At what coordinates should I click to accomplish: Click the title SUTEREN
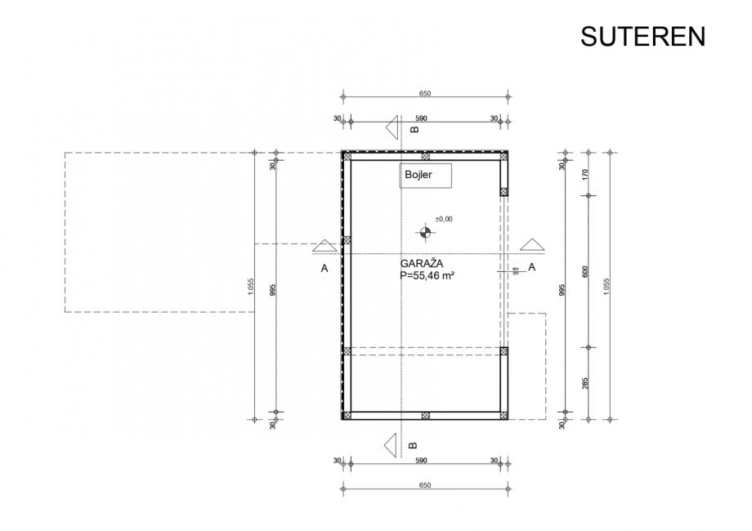(642, 37)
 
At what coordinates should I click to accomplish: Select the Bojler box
(425, 175)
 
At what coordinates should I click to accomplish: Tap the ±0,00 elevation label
(444, 219)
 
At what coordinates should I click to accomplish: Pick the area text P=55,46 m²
(427, 276)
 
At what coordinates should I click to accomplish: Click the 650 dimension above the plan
(424, 94)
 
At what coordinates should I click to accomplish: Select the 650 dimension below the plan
(424, 486)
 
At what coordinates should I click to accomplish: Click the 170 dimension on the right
(585, 174)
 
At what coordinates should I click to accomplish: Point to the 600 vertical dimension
(585, 272)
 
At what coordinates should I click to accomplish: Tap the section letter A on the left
(325, 267)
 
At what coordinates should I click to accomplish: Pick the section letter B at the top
(414, 129)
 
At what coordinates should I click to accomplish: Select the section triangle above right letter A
(533, 244)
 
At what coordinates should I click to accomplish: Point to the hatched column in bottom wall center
(425, 416)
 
